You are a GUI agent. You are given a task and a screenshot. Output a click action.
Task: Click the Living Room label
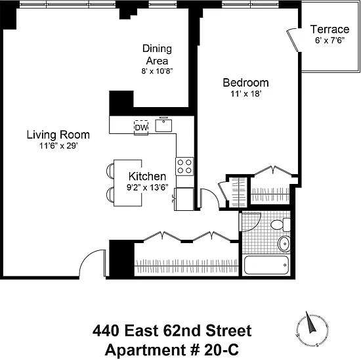tap(58, 135)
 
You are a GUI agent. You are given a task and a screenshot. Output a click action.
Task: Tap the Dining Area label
tap(157, 55)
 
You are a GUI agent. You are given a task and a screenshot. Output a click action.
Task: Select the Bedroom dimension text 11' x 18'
tap(246, 94)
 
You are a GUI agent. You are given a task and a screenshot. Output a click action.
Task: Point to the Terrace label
tap(329, 30)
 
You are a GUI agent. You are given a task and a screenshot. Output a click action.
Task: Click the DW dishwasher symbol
tap(141, 127)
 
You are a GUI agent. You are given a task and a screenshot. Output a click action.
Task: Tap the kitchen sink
tap(163, 125)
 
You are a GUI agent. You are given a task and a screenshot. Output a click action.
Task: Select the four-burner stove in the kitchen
tap(184, 166)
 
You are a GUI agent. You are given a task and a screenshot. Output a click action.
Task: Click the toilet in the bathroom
tap(280, 225)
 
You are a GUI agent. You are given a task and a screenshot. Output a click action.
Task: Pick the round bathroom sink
tap(284, 244)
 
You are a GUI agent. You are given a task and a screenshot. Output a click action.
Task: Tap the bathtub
tap(266, 265)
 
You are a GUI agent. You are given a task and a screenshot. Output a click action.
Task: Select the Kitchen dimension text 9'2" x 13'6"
tap(147, 187)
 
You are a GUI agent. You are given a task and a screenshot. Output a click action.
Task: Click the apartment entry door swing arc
tap(91, 258)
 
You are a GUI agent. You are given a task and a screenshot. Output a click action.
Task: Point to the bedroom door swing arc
tap(212, 194)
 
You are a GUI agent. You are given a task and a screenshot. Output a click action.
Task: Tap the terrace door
tap(293, 40)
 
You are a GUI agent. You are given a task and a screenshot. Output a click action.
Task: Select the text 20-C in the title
tap(221, 349)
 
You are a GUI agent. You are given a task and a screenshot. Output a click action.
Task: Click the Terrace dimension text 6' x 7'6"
tap(329, 40)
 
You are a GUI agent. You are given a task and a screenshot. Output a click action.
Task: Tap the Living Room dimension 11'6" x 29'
tap(58, 146)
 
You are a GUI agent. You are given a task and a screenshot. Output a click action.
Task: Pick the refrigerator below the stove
tap(184, 199)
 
